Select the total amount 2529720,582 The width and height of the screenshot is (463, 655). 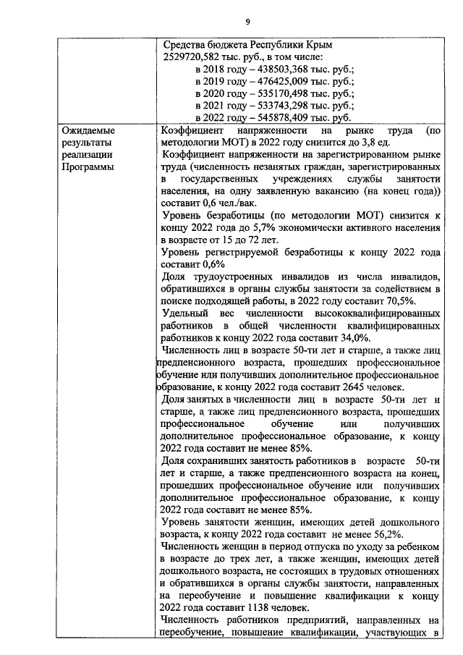(195, 56)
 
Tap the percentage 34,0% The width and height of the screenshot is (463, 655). (354, 336)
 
